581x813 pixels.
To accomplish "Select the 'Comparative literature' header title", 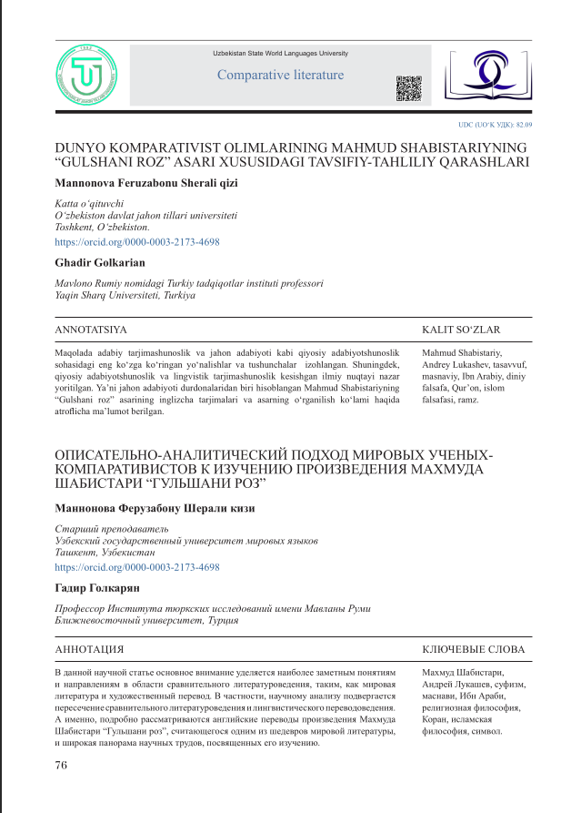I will [x=280, y=76].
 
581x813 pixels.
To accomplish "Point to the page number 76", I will [x=61, y=765].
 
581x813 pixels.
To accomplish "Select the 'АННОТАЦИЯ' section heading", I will [x=90, y=650].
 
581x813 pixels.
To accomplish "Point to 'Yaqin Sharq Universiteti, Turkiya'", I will [x=125, y=296].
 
